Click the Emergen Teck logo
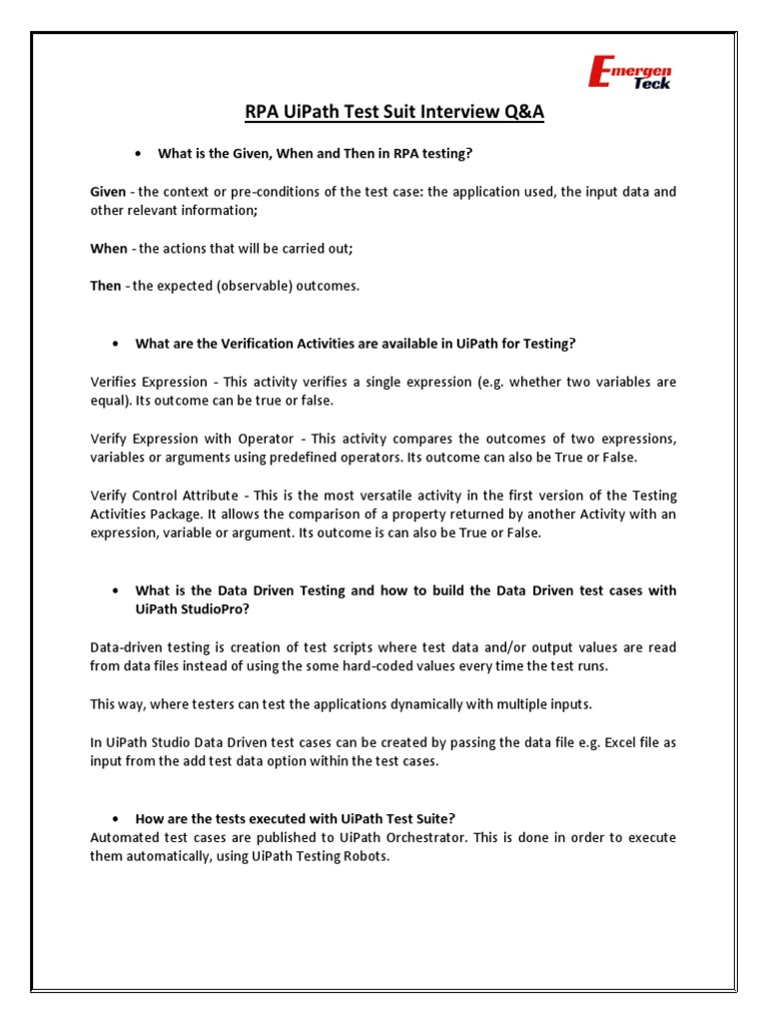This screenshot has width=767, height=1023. pyautogui.click(x=631, y=71)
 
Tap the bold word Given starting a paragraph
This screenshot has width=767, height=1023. pyautogui.click(x=108, y=191)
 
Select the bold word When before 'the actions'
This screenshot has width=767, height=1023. pyautogui.click(x=109, y=248)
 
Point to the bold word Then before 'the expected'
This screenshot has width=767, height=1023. pyautogui.click(x=106, y=286)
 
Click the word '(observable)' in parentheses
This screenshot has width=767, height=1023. pyautogui.click(x=243, y=286)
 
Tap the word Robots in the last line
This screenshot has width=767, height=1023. pyautogui.click(x=362, y=856)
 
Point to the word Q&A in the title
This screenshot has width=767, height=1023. pyautogui.click(x=523, y=112)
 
